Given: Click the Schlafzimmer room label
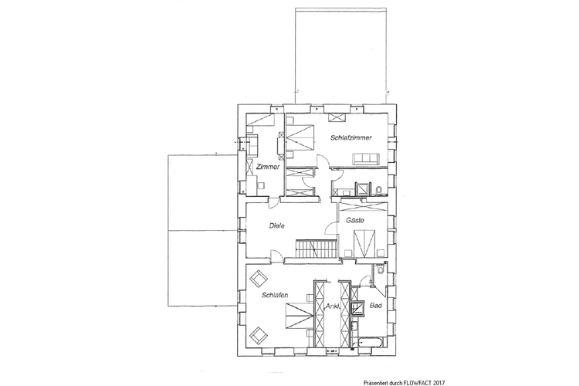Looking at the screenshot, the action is [x=350, y=137].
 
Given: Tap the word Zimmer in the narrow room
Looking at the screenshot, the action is [x=268, y=167].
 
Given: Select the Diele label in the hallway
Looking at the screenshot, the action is [x=277, y=225].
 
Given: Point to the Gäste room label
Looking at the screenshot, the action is [x=355, y=221].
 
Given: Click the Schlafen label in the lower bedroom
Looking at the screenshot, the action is [x=275, y=295].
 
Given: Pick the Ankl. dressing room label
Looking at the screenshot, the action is [x=332, y=306].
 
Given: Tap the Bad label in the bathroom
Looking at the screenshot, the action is [x=375, y=306].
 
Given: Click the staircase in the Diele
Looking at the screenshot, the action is [x=317, y=249].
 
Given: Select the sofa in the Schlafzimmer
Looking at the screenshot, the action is [x=366, y=159].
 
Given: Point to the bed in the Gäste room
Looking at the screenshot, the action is [x=364, y=243].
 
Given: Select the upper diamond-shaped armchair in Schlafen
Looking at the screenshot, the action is [x=258, y=278].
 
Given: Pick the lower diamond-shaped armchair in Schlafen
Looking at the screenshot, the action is [x=259, y=335].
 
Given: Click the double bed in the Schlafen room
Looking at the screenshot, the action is [x=299, y=316].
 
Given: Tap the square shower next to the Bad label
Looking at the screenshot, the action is [x=357, y=308].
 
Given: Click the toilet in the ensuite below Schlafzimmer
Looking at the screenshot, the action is [x=378, y=191].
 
